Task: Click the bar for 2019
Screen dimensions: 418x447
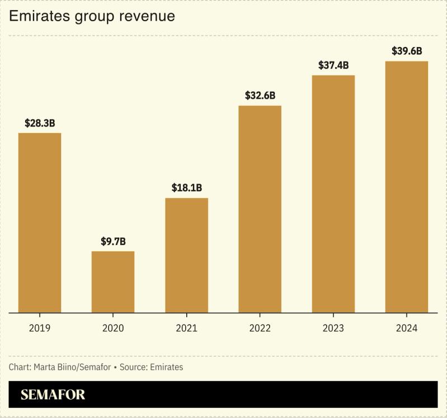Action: tap(40, 223)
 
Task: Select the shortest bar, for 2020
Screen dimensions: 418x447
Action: tap(113, 281)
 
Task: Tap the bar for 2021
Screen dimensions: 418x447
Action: tap(186, 255)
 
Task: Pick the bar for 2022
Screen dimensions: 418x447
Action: tap(260, 209)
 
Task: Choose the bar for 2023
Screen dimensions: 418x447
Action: tap(333, 194)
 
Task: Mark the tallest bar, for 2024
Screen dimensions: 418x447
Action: tap(407, 186)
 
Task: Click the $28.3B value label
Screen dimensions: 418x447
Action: tap(40, 123)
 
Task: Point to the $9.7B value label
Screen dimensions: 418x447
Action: tap(113, 242)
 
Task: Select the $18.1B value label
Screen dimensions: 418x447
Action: tap(186, 188)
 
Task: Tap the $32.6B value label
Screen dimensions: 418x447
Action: tap(260, 95)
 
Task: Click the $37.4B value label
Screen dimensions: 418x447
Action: tap(333, 65)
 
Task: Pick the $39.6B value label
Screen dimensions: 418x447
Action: tap(407, 51)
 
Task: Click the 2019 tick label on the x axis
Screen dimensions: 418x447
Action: tap(40, 328)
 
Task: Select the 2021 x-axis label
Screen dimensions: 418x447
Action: tap(186, 328)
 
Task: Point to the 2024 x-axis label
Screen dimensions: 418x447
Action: tap(407, 328)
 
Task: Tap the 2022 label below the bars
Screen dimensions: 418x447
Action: tap(260, 328)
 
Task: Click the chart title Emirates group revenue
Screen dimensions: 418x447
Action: tap(92, 16)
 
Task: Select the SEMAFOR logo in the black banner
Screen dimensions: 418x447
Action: tap(53, 394)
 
